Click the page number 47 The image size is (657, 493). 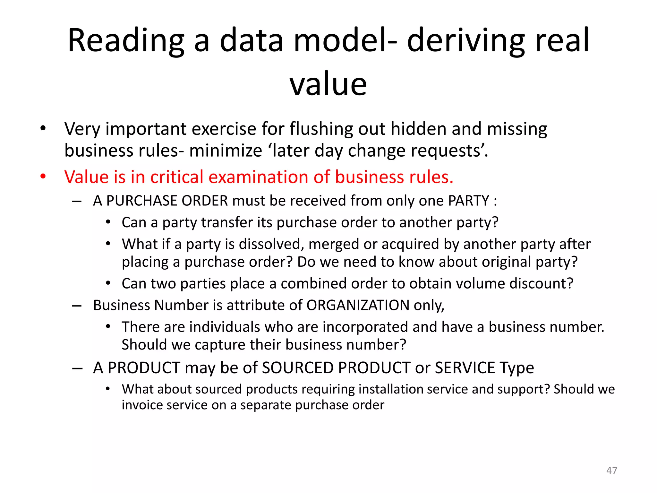click(611, 471)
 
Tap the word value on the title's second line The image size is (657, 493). click(328, 84)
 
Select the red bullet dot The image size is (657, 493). click(43, 177)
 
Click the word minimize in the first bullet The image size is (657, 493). click(226, 151)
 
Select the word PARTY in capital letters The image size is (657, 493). click(468, 201)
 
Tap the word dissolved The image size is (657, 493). click(271, 244)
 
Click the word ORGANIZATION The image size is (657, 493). click(358, 305)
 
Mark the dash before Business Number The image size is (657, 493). click(77, 306)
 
